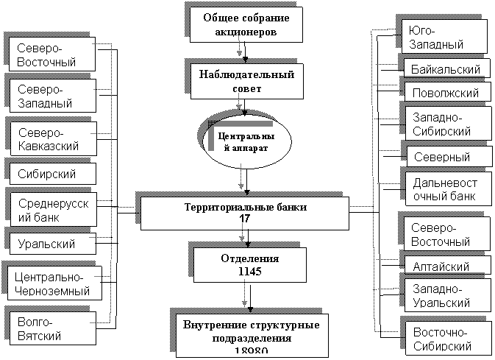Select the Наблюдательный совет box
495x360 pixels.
point(246,81)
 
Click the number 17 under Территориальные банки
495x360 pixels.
point(245,219)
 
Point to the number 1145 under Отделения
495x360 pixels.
point(250,272)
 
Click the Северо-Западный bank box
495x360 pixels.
point(53,96)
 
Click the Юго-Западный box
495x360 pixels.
point(445,37)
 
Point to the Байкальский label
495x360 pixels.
point(446,70)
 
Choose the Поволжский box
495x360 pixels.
point(446,93)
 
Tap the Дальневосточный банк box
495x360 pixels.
point(446,189)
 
